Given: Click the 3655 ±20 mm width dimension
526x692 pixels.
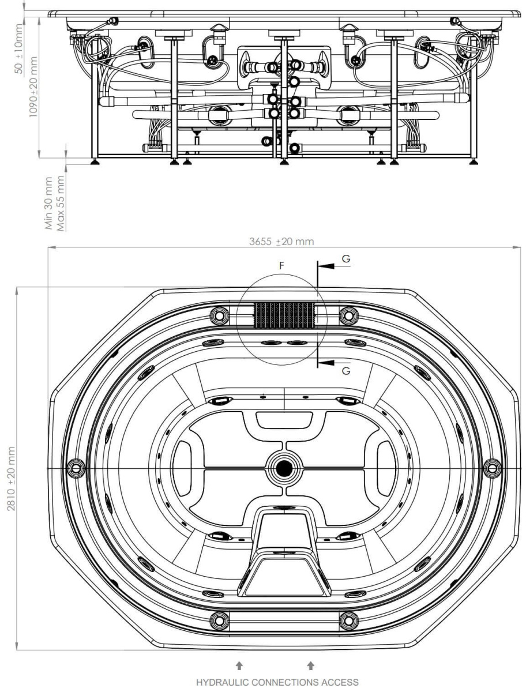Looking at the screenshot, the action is coord(281,242).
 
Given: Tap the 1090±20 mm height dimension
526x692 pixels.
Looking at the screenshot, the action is coord(33,86).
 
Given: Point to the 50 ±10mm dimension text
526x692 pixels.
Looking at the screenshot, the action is coord(18,49).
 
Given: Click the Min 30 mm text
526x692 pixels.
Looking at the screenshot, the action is coord(48,203).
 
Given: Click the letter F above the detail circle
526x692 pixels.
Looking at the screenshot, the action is coord(282,265).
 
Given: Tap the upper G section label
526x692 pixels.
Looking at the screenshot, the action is coord(346,259).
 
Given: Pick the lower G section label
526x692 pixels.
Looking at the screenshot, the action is coord(346,371).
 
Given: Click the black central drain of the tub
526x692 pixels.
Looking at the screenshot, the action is coord(284,468).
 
